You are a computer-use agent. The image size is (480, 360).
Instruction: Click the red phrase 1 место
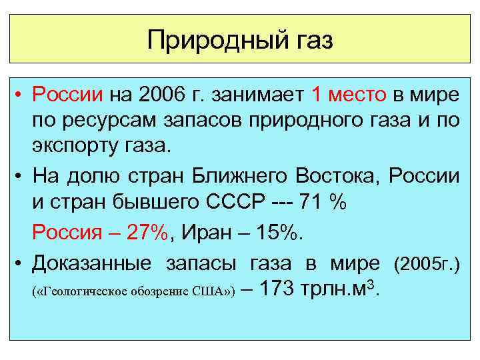349,95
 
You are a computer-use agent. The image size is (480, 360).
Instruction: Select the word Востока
333,177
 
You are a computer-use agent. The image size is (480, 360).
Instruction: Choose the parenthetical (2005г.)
427,263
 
